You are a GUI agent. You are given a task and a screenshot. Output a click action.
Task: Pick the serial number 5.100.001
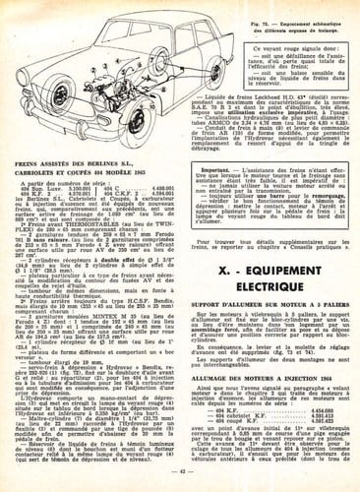point(83,193)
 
